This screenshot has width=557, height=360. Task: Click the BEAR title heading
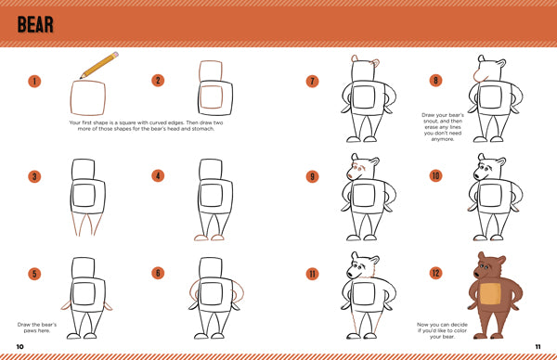coord(35,24)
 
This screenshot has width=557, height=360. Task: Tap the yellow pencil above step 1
coord(99,65)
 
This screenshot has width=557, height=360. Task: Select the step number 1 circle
coord(34,82)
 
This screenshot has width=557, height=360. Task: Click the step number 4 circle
coord(158,175)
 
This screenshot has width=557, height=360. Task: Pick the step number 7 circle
coord(312,82)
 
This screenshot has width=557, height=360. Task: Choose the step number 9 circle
coord(312,176)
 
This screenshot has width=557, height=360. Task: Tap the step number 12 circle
coord(436,274)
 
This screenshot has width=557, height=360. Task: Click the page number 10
coord(19,346)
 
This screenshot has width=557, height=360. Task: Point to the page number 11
coord(538,346)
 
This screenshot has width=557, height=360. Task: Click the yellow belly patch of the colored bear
coord(490,294)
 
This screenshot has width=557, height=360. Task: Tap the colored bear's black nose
coord(476,274)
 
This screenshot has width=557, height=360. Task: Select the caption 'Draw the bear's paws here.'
coord(37,328)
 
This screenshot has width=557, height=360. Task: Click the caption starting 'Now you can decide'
coord(442,330)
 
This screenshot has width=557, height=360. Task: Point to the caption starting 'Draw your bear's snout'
coord(443,127)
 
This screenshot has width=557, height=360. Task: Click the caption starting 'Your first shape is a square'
coord(146,125)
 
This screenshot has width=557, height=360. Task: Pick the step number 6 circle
coord(158,273)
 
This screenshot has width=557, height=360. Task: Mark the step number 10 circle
coord(436,175)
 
